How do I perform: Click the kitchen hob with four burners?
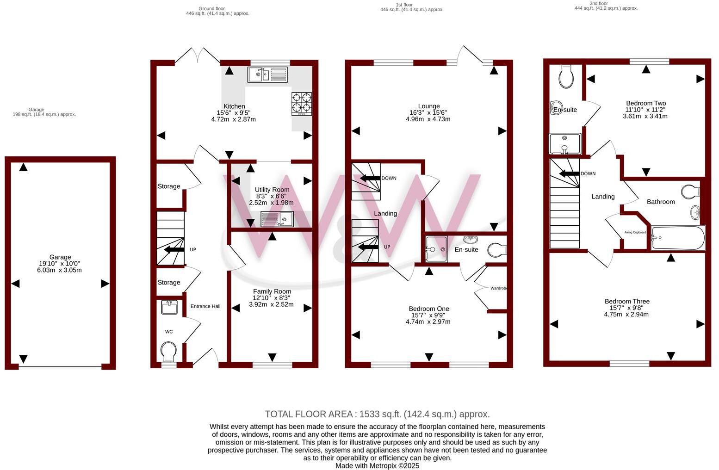click(302, 104)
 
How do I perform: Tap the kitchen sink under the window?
click(267, 74)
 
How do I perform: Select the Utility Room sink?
click(277, 219)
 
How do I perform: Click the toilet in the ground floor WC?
click(168, 351)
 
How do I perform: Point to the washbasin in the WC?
click(169, 307)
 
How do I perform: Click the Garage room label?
click(60, 257)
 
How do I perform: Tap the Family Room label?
click(272, 291)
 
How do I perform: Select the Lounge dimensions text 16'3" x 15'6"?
click(428, 112)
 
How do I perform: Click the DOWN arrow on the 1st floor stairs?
click(370, 178)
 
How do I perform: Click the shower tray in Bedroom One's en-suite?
click(436, 249)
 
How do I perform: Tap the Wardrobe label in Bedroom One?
click(498, 288)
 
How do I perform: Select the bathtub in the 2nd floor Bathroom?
click(678, 238)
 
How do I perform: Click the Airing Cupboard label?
click(635, 232)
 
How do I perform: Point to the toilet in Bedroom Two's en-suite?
click(566, 76)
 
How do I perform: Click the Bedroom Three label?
click(626, 301)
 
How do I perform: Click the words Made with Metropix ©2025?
click(377, 466)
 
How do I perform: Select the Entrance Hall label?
click(205, 306)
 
